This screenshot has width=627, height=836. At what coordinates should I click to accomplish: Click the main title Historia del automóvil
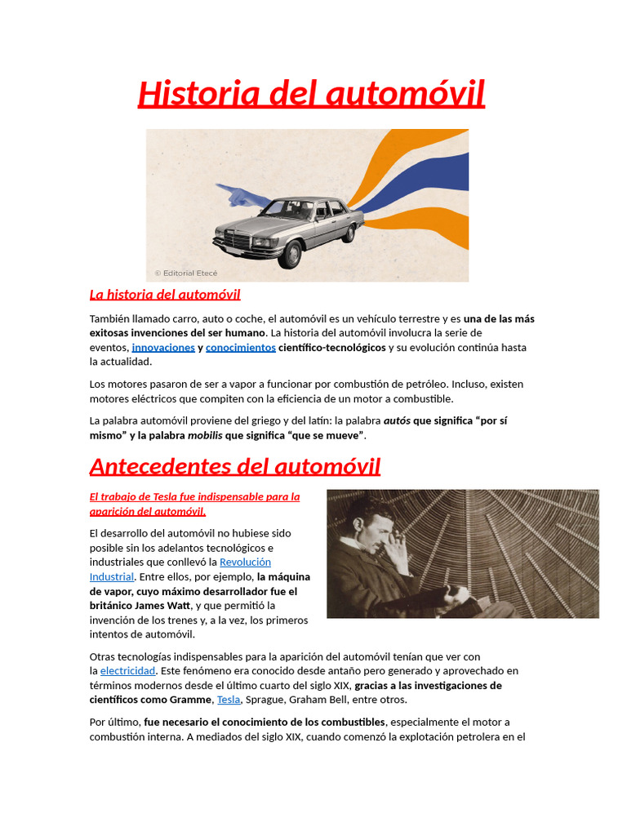coord(311,94)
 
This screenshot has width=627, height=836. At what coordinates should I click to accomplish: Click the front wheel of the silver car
coord(289,254)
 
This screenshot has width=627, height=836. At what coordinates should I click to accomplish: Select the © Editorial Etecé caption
coord(186,273)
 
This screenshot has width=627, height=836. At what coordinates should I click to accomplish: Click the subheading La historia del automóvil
coord(164,294)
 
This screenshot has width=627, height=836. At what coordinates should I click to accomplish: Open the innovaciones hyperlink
coord(163,348)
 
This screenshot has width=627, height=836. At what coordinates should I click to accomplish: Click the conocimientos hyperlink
coord(240,348)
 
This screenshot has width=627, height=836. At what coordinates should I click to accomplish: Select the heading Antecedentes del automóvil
coord(235,467)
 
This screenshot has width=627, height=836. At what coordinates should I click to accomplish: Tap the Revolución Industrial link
coord(244,563)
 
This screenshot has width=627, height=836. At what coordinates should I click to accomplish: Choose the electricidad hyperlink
coord(127,671)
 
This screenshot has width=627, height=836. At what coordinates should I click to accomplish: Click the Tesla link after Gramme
coord(229,700)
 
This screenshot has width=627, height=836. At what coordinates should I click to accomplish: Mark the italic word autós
coord(397,420)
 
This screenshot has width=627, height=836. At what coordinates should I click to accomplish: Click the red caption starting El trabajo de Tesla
coord(194,504)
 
